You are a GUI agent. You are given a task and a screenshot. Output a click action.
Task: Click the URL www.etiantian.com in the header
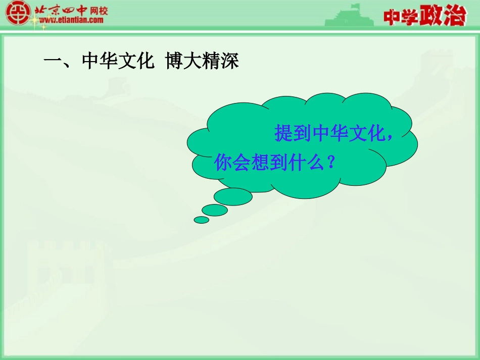pyautogui.click(x=71, y=20)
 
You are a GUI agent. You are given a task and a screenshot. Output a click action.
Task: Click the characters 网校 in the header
pyautogui.click(x=97, y=11)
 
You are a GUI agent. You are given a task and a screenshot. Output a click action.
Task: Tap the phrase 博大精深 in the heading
pyautogui.click(x=202, y=62)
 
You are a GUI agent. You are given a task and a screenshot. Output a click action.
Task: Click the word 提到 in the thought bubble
pyautogui.click(x=293, y=133)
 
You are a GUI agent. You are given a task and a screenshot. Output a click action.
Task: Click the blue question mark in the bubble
pyautogui.click(x=331, y=162)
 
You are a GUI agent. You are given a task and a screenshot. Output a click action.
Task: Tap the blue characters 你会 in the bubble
pyautogui.click(x=232, y=162)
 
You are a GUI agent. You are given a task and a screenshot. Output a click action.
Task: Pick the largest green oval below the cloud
pyautogui.click(x=233, y=196)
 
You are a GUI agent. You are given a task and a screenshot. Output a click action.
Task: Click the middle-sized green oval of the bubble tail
pyautogui.click(x=215, y=210)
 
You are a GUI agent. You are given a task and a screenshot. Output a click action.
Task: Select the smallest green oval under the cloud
pyautogui.click(x=202, y=220)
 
